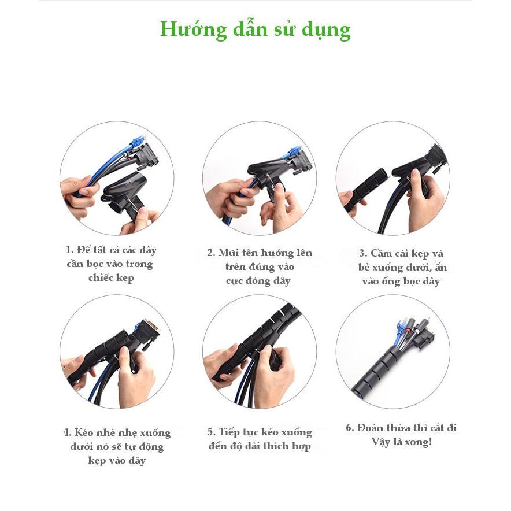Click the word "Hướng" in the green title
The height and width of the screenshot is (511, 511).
pos(194,29)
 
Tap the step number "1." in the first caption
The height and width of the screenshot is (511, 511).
pos(69,250)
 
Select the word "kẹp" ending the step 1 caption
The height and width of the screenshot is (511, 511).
pos(125,278)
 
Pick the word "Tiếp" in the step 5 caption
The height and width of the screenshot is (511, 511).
pos(229,432)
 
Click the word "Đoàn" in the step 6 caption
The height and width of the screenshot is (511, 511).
pos(370,428)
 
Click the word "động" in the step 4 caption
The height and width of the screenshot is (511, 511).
pos(151,446)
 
